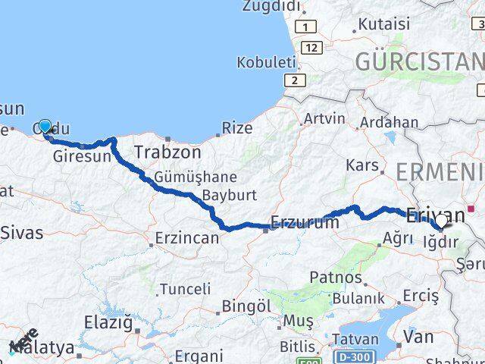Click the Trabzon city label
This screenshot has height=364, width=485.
click(167, 152)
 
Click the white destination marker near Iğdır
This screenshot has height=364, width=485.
click(441, 221)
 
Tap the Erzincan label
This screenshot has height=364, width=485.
click(186, 238)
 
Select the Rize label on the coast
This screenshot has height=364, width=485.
click(238, 128)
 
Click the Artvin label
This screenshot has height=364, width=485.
click(324, 119)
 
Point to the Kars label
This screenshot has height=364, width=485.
click(361, 165)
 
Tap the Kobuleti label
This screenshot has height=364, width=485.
click(265, 62)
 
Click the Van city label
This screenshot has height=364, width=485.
click(419, 335)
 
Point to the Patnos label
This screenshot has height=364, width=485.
click(336, 278)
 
